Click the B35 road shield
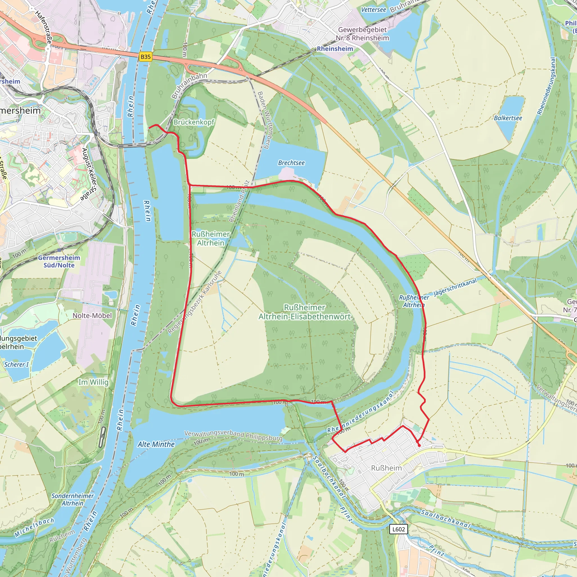(145, 57)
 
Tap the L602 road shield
(398, 529)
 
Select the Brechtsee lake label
(291, 163)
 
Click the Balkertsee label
(508, 118)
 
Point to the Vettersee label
(373, 10)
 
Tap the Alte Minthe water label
(156, 444)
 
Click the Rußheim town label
(386, 468)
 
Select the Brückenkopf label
(194, 122)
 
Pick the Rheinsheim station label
(335, 49)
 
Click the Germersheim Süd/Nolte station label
(59, 261)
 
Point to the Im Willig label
(93, 382)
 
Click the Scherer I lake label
(16, 364)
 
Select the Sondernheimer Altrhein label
(73, 499)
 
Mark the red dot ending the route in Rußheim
(419, 445)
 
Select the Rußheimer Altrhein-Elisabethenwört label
(304, 312)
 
